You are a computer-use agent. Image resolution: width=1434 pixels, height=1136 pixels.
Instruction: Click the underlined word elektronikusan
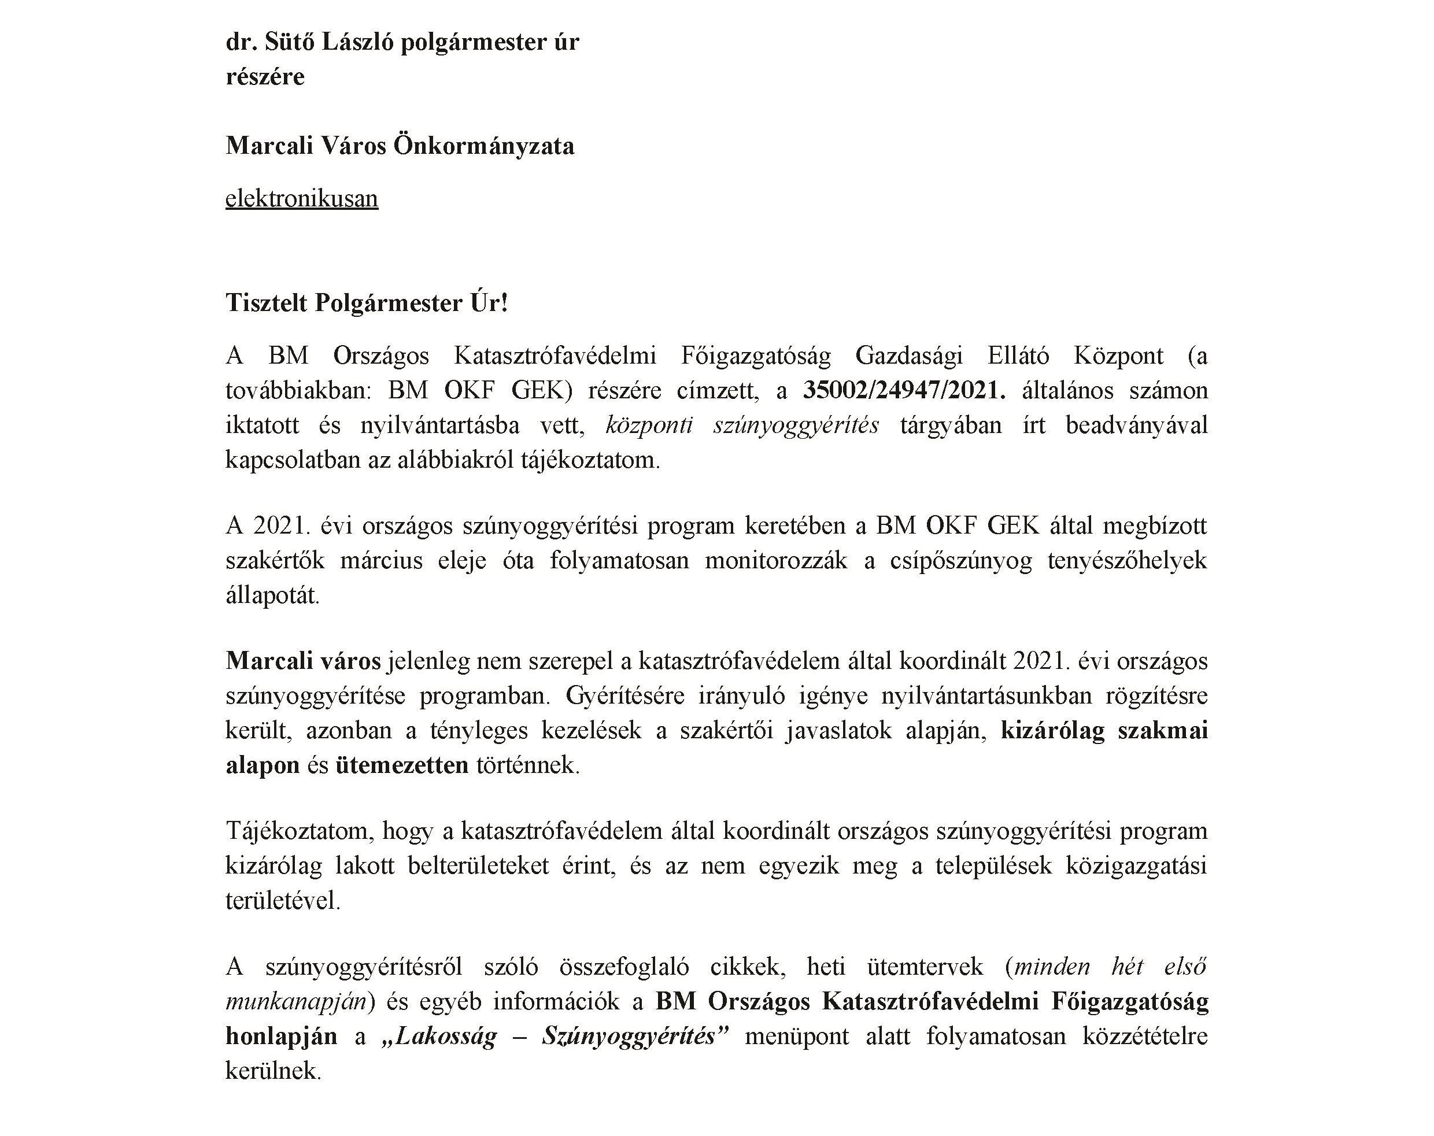click(x=301, y=199)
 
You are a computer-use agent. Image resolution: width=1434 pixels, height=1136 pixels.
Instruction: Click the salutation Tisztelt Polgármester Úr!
click(x=367, y=304)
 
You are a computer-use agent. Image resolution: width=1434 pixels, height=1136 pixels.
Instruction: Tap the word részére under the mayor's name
click(x=265, y=77)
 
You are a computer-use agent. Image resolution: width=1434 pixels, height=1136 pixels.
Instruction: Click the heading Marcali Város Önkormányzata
click(x=400, y=146)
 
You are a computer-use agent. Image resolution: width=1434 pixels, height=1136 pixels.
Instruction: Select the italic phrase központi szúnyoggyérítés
click(x=742, y=425)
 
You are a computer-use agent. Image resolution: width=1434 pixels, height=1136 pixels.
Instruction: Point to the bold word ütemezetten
click(x=402, y=765)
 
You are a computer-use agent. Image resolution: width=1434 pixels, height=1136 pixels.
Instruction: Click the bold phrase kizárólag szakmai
click(x=1104, y=731)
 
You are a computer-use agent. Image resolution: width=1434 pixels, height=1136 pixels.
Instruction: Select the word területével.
click(x=283, y=901)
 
